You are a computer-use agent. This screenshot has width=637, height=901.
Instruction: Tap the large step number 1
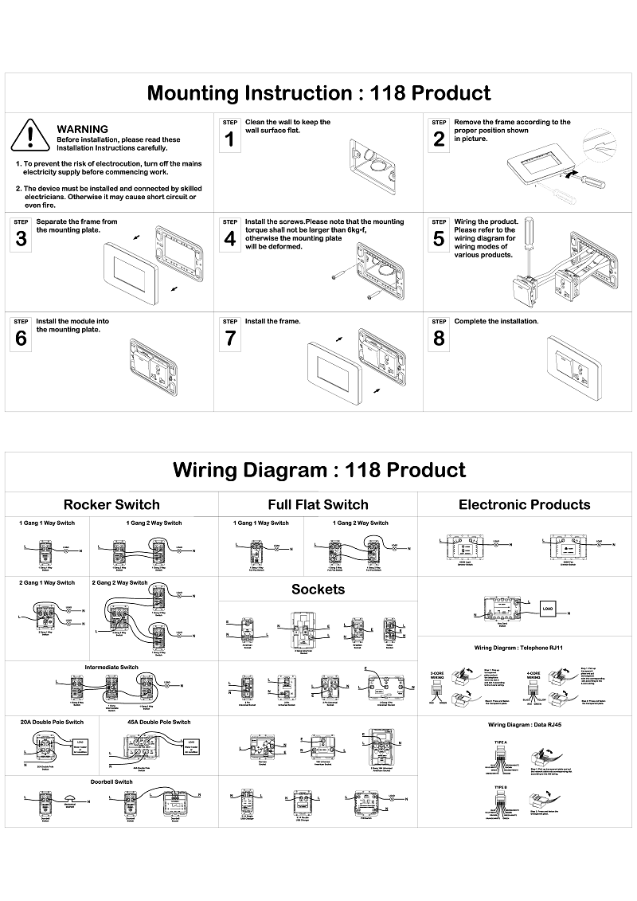click(230, 140)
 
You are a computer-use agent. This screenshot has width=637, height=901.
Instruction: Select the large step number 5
click(439, 239)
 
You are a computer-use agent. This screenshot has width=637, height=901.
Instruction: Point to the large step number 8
click(439, 339)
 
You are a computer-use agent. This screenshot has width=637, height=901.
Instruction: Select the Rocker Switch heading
click(111, 504)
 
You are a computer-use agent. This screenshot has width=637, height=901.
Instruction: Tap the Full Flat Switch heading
click(318, 504)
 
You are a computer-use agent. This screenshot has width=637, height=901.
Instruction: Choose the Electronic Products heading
click(524, 504)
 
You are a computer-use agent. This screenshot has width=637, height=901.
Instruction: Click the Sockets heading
click(318, 590)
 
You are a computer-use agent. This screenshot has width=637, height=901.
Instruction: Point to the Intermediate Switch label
click(111, 667)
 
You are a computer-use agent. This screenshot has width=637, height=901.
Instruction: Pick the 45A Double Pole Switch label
click(158, 722)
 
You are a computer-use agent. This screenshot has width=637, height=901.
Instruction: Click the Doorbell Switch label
click(111, 782)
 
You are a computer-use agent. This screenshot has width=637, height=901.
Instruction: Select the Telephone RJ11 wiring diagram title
click(524, 648)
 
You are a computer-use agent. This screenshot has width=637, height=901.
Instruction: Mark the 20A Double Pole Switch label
click(52, 722)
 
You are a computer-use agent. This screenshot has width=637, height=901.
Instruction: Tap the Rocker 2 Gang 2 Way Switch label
click(119, 582)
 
